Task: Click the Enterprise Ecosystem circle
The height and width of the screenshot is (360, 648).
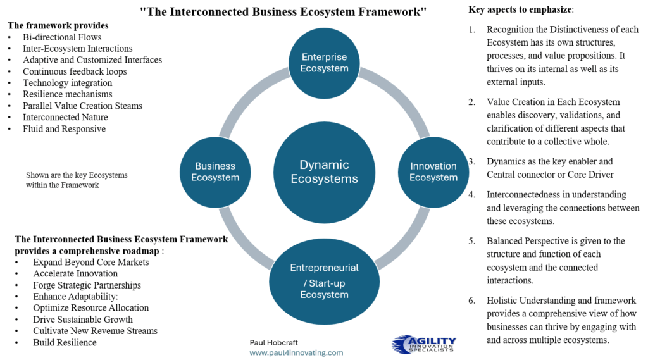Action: (324, 63)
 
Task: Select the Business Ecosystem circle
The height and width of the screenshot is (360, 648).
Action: (215, 171)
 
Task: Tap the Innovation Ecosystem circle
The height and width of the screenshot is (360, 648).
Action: (433, 171)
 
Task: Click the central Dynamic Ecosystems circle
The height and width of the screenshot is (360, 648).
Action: (324, 171)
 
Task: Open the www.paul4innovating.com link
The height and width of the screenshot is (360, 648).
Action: (296, 352)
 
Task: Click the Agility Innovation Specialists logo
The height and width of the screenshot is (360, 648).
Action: (423, 344)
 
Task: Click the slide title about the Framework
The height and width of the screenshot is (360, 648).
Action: (283, 11)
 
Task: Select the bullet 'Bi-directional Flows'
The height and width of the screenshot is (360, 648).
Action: (62, 37)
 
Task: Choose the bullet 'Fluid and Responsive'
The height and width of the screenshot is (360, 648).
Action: (64, 128)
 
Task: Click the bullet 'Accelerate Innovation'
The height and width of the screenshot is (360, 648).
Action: (75, 273)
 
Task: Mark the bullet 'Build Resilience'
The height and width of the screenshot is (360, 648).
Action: (65, 342)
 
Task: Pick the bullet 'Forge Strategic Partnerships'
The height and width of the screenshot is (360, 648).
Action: (87, 285)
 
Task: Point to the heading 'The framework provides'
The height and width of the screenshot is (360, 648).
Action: (58, 25)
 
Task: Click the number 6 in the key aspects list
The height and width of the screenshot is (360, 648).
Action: (472, 300)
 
